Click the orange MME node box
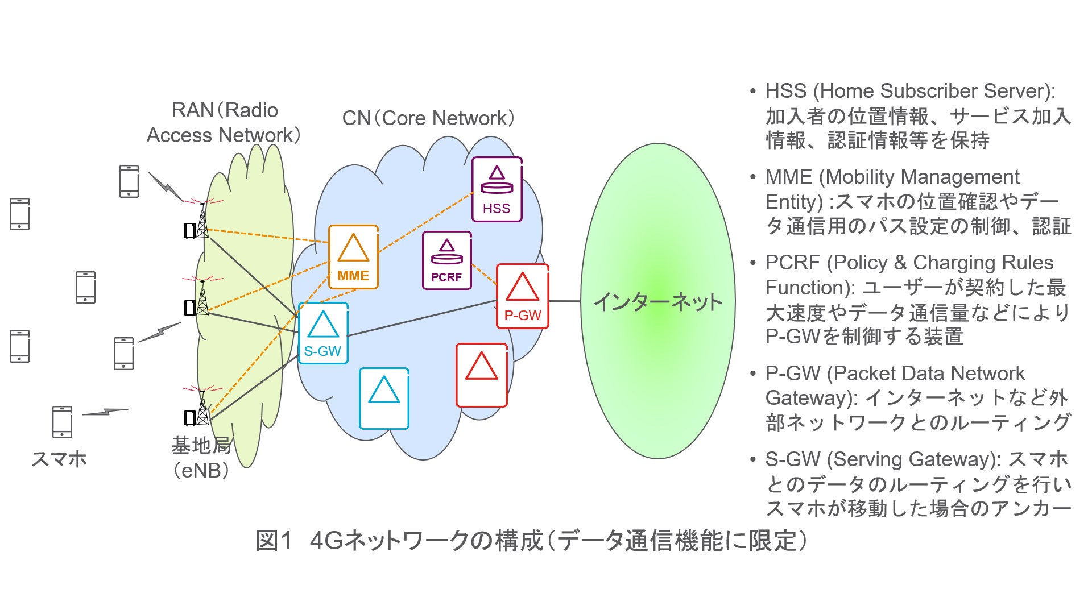point(353,257)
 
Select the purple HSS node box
point(497,189)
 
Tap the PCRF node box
point(446,260)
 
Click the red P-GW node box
point(522,296)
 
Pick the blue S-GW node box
point(323,333)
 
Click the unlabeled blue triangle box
point(384,398)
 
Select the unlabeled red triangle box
point(481,375)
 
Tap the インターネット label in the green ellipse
point(657,301)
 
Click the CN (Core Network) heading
point(428,118)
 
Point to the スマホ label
point(59,458)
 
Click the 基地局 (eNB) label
point(201,458)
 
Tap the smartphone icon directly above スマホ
point(62,422)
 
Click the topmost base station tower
point(201,221)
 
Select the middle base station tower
point(201,298)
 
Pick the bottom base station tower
point(201,408)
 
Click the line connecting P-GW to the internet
point(565,301)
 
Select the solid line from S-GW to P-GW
point(421,318)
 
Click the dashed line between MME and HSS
point(425,222)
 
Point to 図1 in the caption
point(274,540)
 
